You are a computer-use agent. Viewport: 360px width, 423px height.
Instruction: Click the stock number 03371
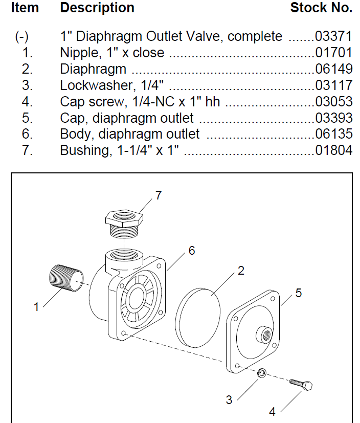(334, 36)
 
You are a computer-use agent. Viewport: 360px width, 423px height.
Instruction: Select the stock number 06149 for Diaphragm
(334, 69)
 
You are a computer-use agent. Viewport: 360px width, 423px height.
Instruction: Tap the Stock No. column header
(321, 8)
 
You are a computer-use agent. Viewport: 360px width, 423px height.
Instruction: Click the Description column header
(97, 8)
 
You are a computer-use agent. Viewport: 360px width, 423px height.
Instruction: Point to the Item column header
(25, 8)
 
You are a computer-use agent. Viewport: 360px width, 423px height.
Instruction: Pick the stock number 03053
(334, 102)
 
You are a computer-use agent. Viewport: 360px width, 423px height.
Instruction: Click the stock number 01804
(334, 150)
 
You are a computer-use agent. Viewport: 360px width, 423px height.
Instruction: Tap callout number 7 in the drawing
(158, 195)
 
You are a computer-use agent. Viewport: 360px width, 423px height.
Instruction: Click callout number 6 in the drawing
(191, 251)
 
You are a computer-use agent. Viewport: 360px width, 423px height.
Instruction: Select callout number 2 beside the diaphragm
(241, 271)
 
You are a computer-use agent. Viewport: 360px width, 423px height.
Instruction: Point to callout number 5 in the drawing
(299, 293)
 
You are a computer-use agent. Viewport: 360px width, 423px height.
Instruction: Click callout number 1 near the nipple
(36, 307)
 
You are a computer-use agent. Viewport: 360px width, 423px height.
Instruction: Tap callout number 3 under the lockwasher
(230, 400)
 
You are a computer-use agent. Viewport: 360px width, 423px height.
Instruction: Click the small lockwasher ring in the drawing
(261, 373)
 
